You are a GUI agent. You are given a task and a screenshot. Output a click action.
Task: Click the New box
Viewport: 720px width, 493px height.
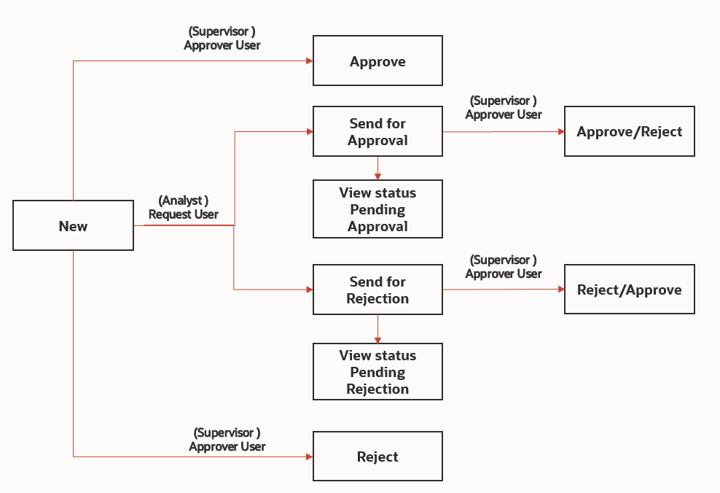coord(73,226)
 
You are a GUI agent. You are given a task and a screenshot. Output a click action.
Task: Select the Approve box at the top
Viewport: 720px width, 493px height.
coord(377,61)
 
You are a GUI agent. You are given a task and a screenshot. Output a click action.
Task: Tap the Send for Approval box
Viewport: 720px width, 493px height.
coord(377,131)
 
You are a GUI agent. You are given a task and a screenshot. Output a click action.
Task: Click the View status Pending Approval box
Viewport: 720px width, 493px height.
coord(377,209)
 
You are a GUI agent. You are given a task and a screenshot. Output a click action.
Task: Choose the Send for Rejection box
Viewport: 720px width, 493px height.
coord(377,290)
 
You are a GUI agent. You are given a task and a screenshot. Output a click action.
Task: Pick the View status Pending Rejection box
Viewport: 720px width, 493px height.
coord(377,372)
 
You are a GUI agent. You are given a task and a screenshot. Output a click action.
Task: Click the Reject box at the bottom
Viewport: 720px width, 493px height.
coord(377,457)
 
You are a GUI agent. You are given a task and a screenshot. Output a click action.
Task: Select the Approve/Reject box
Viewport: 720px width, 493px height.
coord(629,131)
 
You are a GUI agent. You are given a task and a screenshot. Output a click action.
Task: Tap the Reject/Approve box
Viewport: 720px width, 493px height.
coord(629,290)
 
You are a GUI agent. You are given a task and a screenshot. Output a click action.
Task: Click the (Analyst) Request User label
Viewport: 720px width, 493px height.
coord(184,207)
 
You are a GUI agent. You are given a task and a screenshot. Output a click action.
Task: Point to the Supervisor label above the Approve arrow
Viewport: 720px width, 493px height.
coord(222,38)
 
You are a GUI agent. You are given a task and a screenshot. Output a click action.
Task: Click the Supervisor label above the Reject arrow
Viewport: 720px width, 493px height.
coord(227,440)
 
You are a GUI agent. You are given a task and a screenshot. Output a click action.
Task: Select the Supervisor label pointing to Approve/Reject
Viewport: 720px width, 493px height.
coord(504,107)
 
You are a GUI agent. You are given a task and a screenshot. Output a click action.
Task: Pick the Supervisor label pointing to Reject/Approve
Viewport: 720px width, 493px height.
coord(504,267)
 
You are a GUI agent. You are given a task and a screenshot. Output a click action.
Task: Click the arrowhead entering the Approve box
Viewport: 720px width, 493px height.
coord(309,61)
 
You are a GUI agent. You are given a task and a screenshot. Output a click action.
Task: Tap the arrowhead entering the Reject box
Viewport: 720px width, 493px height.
coord(309,457)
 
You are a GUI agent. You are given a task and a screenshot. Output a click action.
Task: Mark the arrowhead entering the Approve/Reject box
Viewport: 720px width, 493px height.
coord(561,132)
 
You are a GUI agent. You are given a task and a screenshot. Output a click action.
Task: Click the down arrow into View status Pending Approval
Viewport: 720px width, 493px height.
coord(377,176)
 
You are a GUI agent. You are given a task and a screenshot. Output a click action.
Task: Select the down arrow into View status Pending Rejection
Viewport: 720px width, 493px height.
coord(377,339)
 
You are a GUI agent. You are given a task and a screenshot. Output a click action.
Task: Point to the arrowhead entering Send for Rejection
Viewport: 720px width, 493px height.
coord(309,290)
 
